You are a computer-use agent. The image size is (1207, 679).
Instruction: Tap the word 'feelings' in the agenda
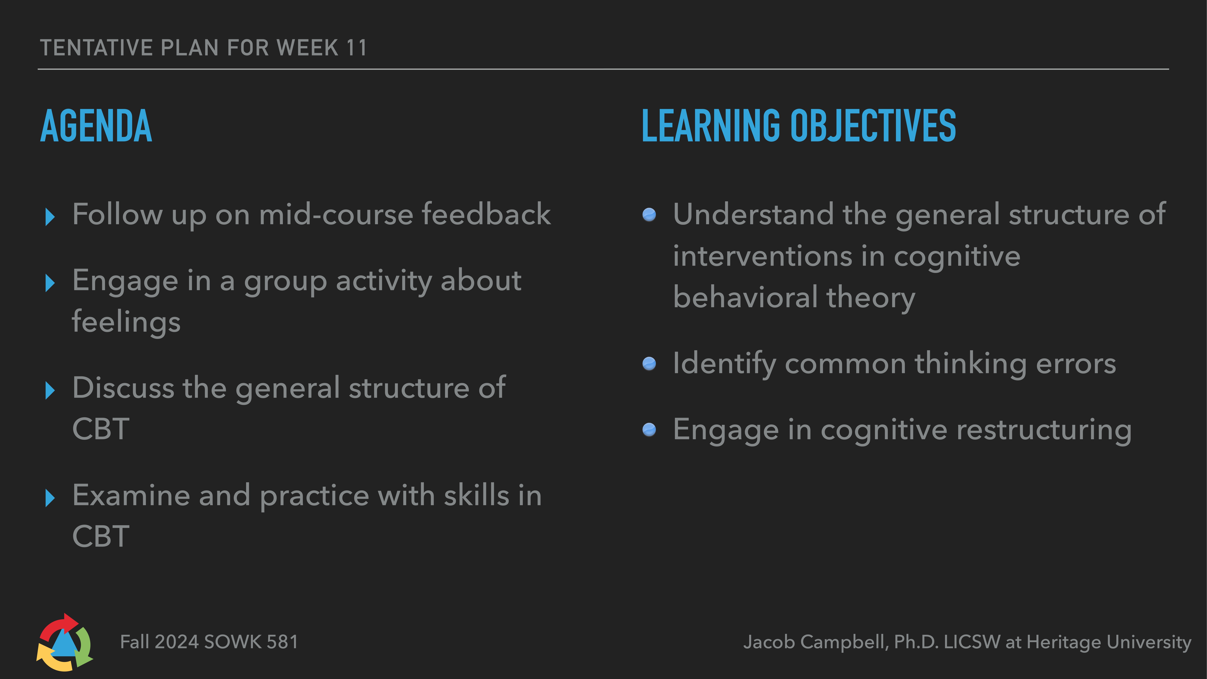point(126,322)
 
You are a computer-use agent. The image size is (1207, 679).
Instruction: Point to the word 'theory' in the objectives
point(871,298)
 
